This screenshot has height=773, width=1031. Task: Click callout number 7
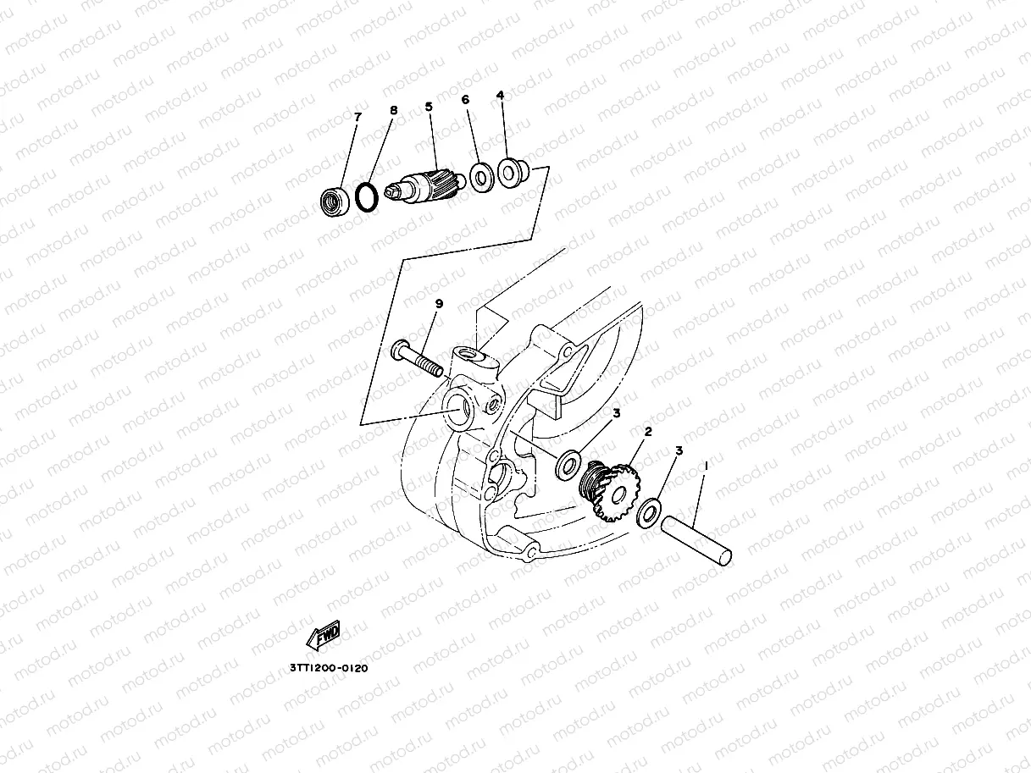coord(357,117)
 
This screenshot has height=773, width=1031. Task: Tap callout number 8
coord(393,110)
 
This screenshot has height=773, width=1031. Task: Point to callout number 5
coord(429,108)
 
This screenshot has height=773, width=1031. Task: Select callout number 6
coord(465,100)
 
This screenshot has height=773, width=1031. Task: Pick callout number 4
coord(500,96)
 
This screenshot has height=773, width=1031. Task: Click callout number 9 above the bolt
coord(439,303)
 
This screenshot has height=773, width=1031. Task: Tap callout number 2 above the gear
coord(648,432)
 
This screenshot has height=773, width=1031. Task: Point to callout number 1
coord(707,466)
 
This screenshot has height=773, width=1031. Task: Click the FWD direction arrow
coord(324,635)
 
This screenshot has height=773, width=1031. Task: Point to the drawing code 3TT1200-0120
coord(329,667)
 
